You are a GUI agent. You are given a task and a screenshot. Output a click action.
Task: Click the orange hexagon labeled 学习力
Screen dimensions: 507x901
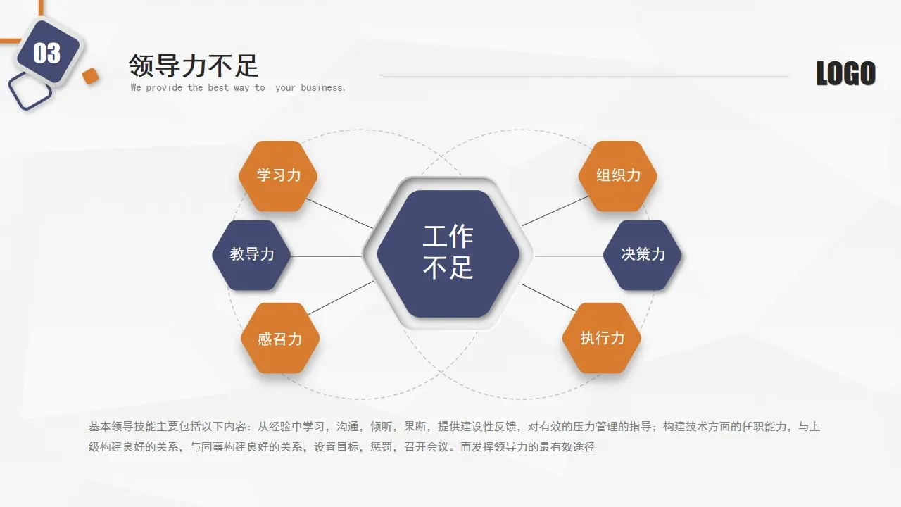pyautogui.click(x=278, y=175)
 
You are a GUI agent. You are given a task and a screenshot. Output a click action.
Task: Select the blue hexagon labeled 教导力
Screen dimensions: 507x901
pyautogui.click(x=252, y=254)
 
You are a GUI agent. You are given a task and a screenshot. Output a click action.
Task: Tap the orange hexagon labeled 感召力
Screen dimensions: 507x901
pyautogui.click(x=280, y=338)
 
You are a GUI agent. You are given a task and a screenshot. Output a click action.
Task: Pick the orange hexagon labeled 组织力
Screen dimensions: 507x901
pyautogui.click(x=618, y=175)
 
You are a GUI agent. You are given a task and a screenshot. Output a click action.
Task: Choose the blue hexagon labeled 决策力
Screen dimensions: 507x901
pyautogui.click(x=643, y=254)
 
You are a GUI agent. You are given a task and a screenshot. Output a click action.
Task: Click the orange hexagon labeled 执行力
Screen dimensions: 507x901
pyautogui.click(x=602, y=338)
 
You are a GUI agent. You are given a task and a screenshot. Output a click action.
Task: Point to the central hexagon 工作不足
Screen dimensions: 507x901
pyautogui.click(x=448, y=253)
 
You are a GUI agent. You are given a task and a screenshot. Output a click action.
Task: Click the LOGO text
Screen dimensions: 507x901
pyautogui.click(x=845, y=74)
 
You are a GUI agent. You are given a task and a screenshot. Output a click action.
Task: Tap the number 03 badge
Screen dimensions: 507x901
pyautogui.click(x=47, y=53)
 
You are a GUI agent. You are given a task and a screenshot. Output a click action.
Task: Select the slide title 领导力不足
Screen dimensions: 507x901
pyautogui.click(x=194, y=66)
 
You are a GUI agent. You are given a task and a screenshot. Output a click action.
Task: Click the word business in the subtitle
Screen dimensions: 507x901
pyautogui.click(x=322, y=88)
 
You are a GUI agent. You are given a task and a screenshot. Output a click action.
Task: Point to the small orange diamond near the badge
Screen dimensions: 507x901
pyautogui.click(x=90, y=77)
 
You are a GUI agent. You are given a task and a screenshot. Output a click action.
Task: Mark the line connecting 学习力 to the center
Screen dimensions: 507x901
pyautogui.click(x=340, y=213)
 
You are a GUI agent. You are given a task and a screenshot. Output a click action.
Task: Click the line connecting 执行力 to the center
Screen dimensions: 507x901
pyautogui.click(x=549, y=297)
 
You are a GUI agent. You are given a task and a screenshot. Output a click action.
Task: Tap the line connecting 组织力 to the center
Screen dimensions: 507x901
pyautogui.click(x=556, y=211)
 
